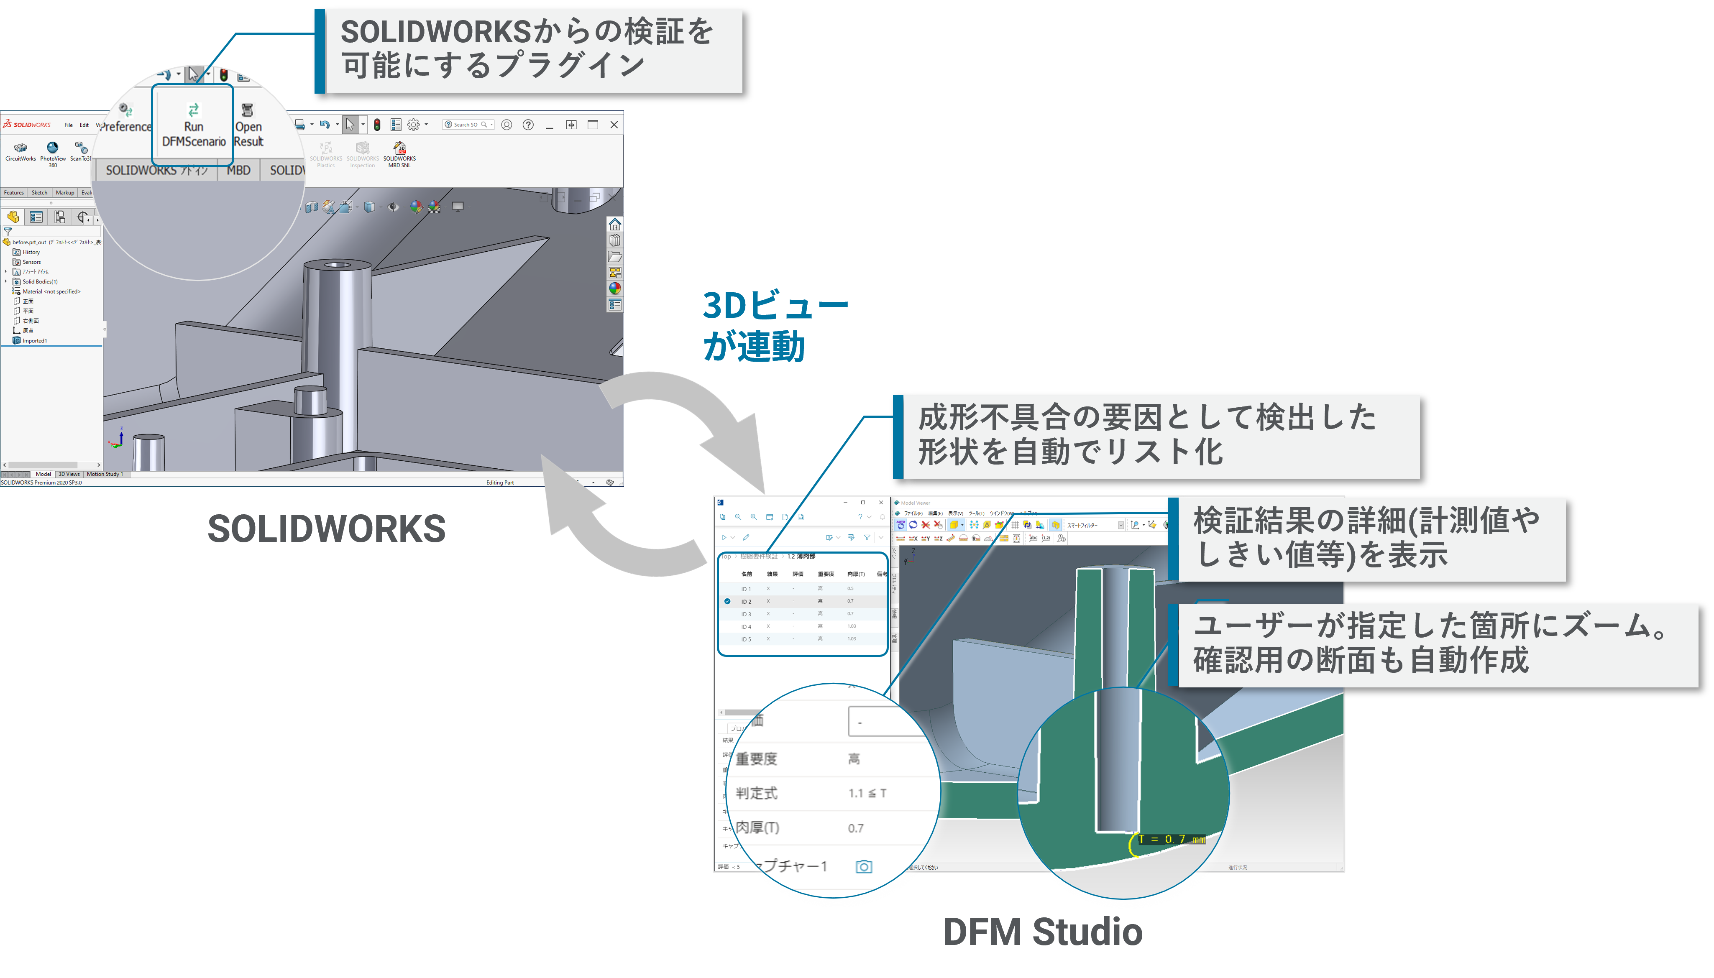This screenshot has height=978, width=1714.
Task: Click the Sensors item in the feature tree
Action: [x=31, y=262]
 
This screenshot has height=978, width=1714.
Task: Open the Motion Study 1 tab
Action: [x=105, y=474]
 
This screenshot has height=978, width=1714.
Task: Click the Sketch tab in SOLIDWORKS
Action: [x=40, y=193]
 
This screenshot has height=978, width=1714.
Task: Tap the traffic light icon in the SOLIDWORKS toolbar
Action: [x=377, y=125]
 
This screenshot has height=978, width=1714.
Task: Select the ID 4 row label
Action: [x=746, y=627]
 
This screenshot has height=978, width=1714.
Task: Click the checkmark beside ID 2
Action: [x=727, y=601]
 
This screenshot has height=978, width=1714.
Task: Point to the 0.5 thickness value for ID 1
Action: [x=851, y=588]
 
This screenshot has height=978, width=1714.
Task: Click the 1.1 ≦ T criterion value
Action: [x=867, y=793]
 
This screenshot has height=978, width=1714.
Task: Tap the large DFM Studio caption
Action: [x=1043, y=932]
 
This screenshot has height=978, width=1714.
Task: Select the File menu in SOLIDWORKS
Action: [x=69, y=125]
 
